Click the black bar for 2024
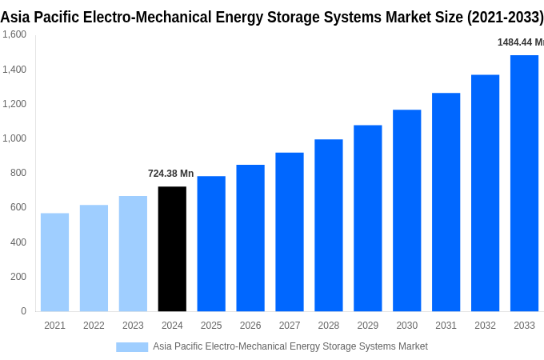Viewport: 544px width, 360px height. [x=172, y=249]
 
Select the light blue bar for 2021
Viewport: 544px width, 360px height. [x=54, y=262]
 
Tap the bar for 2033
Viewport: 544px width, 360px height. [x=524, y=183]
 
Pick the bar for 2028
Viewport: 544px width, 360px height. [x=328, y=226]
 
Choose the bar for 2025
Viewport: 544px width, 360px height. [x=211, y=244]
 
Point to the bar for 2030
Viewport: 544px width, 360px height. [x=406, y=210]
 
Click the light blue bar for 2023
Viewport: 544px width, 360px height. [x=133, y=254]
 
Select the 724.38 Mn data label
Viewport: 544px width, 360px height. [x=170, y=174]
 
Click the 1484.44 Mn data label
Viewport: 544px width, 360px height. [x=520, y=42]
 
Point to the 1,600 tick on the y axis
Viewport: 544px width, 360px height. [x=14, y=34]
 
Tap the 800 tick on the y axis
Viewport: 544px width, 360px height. [x=18, y=173]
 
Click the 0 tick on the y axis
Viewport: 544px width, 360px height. [x=23, y=311]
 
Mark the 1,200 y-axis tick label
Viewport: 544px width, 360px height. [x=14, y=104]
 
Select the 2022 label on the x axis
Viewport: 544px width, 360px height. [x=94, y=326]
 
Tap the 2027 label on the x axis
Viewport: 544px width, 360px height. [x=290, y=326]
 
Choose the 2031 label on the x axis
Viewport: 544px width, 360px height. [x=446, y=326]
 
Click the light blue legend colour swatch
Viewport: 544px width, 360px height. [x=132, y=346]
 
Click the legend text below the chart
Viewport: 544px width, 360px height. [x=290, y=346]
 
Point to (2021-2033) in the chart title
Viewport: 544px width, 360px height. [x=506, y=18]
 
